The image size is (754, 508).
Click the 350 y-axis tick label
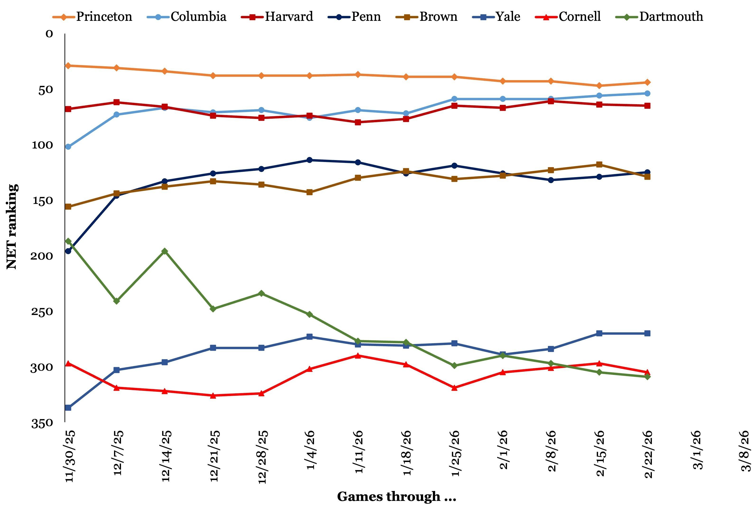[x=41, y=423]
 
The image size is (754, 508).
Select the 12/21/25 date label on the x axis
[x=214, y=456]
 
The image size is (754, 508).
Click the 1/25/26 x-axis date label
[x=455, y=453]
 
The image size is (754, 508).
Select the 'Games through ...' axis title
[x=396, y=496]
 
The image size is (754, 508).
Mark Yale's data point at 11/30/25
[x=68, y=408]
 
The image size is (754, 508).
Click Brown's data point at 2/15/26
[x=599, y=165]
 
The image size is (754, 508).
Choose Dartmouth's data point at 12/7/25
[x=116, y=301]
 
